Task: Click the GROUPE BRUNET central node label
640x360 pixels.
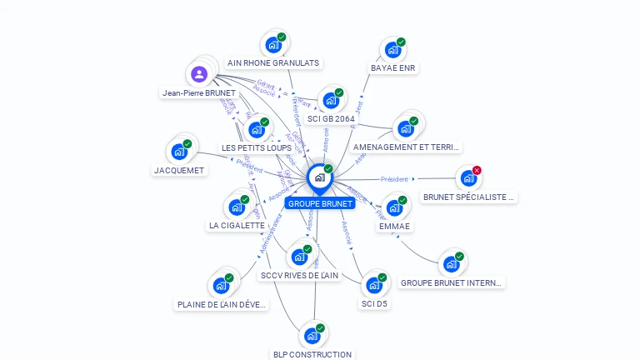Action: click(x=320, y=203)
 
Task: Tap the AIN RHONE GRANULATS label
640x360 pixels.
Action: click(x=273, y=62)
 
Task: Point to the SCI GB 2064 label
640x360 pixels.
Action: click(x=331, y=118)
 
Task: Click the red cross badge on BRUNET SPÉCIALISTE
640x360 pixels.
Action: click(x=477, y=170)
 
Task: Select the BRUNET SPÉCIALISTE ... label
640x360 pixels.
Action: click(x=470, y=197)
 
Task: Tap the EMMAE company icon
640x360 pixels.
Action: click(x=393, y=207)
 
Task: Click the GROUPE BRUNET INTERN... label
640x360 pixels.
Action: click(x=452, y=282)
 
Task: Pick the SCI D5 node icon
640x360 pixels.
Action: click(x=373, y=285)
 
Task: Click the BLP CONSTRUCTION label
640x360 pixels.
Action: click(x=312, y=354)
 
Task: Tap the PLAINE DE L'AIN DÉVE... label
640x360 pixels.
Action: click(x=222, y=304)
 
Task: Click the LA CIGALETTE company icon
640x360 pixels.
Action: click(x=236, y=207)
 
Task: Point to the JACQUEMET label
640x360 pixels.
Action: click(x=179, y=170)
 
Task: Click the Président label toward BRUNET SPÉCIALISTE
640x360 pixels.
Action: click(x=394, y=179)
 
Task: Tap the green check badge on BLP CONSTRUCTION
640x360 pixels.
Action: click(x=320, y=327)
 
